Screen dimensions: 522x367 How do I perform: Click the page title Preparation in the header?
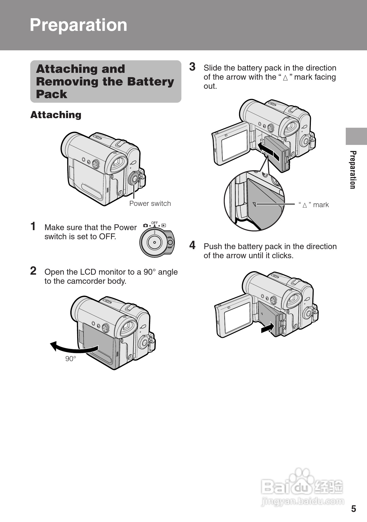coord(78,25)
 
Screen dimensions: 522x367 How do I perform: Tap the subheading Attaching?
coord(56,115)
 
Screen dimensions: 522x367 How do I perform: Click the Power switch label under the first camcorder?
coord(150,204)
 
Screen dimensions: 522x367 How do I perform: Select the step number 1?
coord(33,226)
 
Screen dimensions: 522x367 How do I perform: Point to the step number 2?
coord(33,271)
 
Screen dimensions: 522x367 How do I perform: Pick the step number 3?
coord(192,67)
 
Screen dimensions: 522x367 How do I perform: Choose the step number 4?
coord(192,245)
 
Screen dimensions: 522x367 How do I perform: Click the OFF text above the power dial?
coord(154,223)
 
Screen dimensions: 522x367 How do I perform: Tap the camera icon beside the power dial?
coord(145,225)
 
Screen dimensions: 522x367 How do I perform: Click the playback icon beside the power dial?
coord(164,225)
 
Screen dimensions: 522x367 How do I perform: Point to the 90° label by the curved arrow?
coord(71,359)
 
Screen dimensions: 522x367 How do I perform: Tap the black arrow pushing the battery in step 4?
coord(268,328)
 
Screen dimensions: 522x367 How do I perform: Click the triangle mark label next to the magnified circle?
coord(314,205)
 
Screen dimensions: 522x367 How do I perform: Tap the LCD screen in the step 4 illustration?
coord(237,317)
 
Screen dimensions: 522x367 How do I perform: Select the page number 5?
coord(353,509)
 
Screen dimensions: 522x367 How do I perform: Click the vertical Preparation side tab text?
coord(353,170)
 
